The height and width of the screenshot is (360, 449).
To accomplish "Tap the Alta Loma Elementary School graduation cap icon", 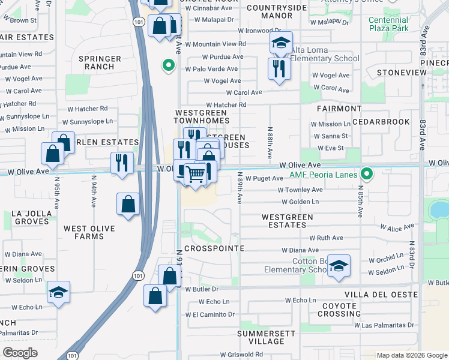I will pyautogui.click(x=280, y=43).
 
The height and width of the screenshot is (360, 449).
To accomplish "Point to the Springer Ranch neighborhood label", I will pyautogui.click(x=100, y=62).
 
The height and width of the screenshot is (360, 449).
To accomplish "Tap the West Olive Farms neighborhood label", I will pyautogui.click(x=92, y=232).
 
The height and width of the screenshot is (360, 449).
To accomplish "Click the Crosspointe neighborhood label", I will pyautogui.click(x=214, y=248).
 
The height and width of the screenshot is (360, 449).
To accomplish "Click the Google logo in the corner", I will pyautogui.click(x=20, y=353).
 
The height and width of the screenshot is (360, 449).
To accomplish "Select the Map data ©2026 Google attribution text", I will pyautogui.click(x=411, y=355).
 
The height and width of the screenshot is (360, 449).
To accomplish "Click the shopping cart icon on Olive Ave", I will pyautogui.click(x=195, y=175).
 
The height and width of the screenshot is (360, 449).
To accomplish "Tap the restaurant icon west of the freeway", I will pyautogui.click(x=122, y=163).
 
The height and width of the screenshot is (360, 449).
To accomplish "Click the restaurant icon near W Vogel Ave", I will pyautogui.click(x=279, y=68).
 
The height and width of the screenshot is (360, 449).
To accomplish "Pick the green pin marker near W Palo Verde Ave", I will pyautogui.click(x=169, y=65).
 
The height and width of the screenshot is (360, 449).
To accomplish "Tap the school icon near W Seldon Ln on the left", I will pyautogui.click(x=58, y=292).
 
